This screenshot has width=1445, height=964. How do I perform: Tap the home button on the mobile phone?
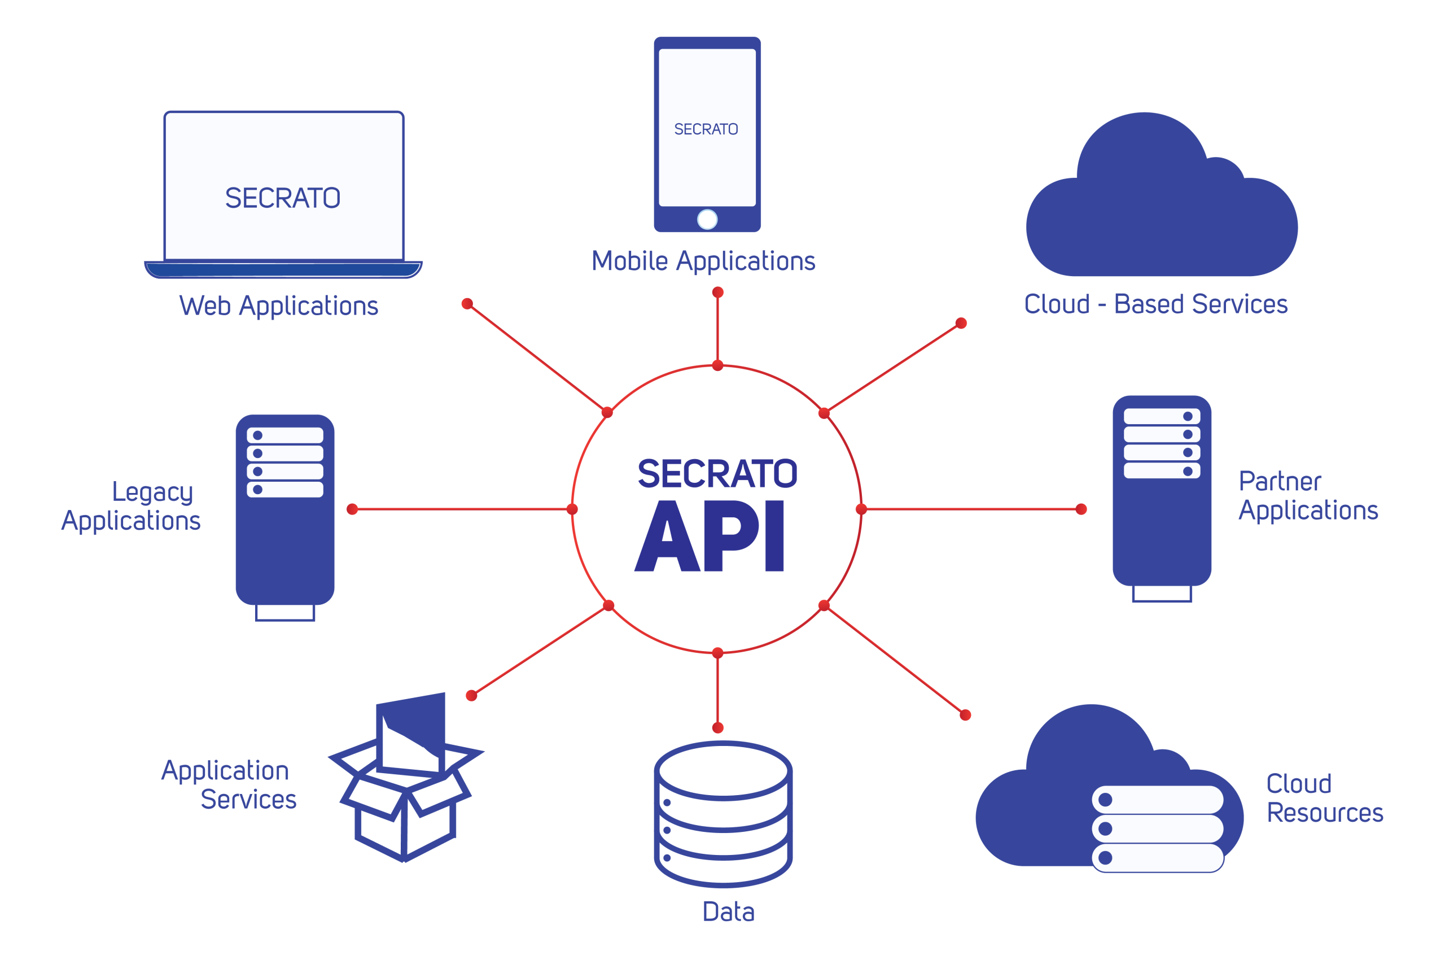point(707,220)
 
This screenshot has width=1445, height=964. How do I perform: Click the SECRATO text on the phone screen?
point(706,129)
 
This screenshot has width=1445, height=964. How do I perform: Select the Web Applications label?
point(278,306)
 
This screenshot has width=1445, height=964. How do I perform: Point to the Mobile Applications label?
point(703,261)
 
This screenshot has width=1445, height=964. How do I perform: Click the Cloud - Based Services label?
point(1155,304)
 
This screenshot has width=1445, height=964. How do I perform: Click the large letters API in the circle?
point(710,536)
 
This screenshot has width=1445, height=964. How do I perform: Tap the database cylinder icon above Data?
point(723,813)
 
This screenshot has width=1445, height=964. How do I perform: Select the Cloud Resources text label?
point(1324,798)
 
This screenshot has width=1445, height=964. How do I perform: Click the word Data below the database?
point(728,911)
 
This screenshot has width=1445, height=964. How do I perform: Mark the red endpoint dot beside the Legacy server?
point(352,509)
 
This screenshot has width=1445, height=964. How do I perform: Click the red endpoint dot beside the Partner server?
point(1081,509)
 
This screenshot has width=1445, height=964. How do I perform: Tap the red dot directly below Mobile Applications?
point(717,293)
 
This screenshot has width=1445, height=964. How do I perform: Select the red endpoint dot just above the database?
point(717,728)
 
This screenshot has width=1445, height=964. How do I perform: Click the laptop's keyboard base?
point(283,269)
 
